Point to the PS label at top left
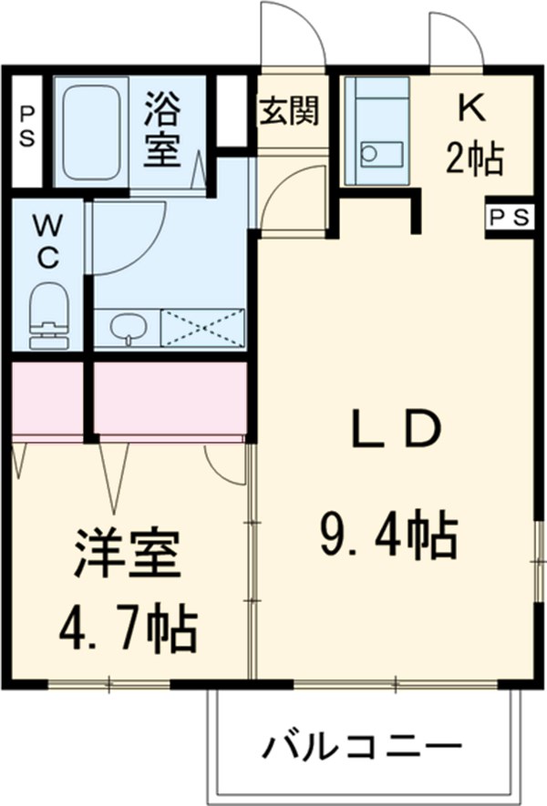point(27,128)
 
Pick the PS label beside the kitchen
point(508,217)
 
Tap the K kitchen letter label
point(471,108)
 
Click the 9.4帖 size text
point(387,536)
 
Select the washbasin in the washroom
point(128,328)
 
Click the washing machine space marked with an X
point(203,328)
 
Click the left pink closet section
point(47,398)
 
